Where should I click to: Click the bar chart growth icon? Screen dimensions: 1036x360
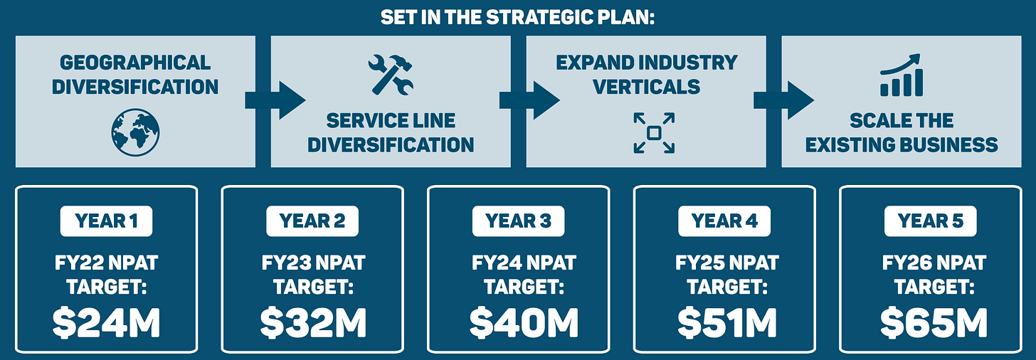(902, 75)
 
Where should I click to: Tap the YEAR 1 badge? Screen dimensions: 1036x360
(106, 221)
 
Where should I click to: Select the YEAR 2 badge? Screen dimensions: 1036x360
(312, 221)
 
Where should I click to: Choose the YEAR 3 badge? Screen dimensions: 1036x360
(518, 221)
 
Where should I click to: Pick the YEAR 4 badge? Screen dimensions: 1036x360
(724, 221)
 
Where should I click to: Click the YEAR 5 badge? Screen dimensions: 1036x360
(931, 221)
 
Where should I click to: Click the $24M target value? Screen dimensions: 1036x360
(106, 322)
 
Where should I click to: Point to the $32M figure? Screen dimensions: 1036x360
(312, 322)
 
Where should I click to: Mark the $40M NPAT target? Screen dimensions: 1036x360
(518, 322)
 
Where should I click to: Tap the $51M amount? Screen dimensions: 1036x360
(724, 322)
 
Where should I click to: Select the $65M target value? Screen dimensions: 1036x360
(931, 322)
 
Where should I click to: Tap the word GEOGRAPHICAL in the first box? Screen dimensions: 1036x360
(135, 63)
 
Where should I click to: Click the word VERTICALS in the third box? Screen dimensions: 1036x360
(646, 87)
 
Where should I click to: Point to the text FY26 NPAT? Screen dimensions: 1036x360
(934, 264)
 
